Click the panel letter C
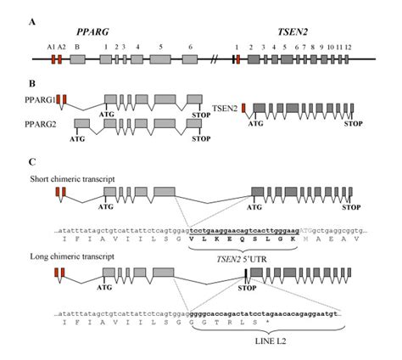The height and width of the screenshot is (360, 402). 33,161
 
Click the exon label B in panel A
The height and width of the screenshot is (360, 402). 77,47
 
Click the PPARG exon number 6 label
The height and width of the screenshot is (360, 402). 190,47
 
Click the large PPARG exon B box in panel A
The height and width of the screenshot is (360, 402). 77,60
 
